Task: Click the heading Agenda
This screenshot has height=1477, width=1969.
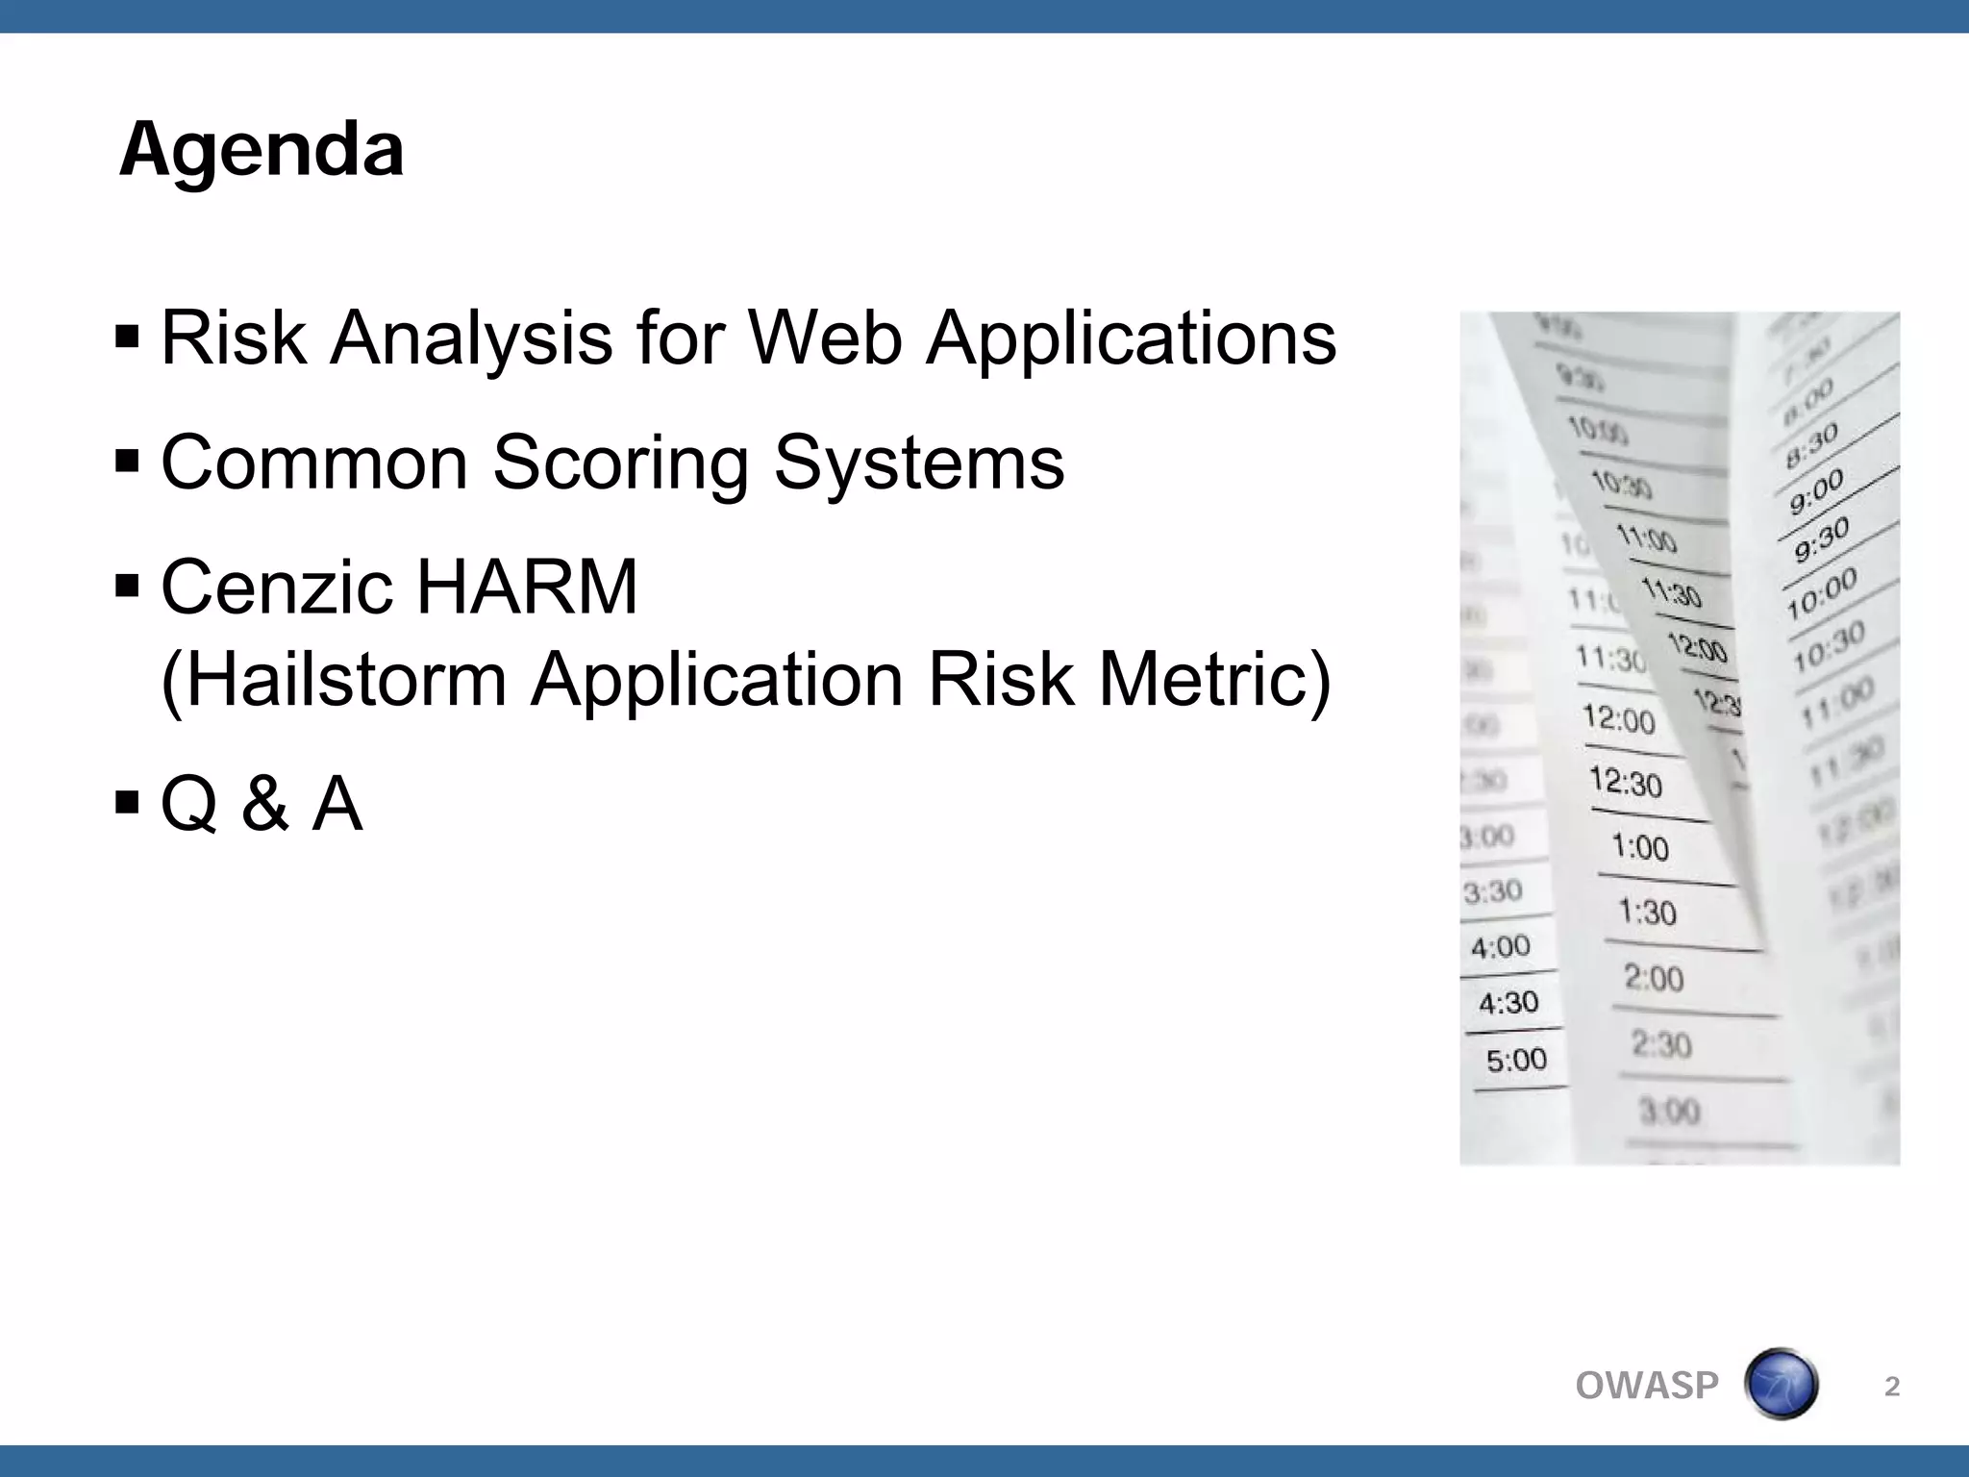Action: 262,151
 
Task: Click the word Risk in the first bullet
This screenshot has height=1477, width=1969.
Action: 234,338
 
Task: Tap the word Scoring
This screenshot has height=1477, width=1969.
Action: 620,463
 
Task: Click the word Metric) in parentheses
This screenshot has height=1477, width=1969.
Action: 1215,679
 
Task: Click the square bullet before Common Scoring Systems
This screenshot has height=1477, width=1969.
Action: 127,463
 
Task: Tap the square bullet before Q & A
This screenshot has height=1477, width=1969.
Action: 127,803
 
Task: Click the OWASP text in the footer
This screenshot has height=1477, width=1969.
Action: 1647,1386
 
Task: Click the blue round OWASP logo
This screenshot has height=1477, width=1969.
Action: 1781,1385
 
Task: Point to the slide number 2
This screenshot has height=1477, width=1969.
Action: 1891,1386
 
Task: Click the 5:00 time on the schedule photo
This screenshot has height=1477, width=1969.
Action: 1516,1061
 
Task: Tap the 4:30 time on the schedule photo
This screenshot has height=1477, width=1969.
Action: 1508,1004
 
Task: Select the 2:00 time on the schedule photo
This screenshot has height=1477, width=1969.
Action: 1654,979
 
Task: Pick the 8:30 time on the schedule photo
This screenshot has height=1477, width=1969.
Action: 1811,445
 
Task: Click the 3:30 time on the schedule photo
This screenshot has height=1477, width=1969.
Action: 1492,892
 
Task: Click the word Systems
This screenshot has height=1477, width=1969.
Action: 919,463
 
